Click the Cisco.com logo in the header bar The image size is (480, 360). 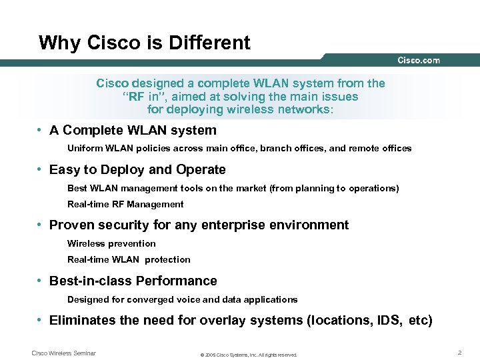pyautogui.click(x=419, y=61)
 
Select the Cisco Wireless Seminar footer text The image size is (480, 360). pyautogui.click(x=64, y=353)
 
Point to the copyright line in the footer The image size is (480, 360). pyautogui.click(x=249, y=355)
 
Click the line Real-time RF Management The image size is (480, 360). pyautogui.click(x=125, y=204)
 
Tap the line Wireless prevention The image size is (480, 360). pyautogui.click(x=111, y=243)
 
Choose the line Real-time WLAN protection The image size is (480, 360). pyautogui.click(x=129, y=259)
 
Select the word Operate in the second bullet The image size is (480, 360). pyautogui.click(x=200, y=170)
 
